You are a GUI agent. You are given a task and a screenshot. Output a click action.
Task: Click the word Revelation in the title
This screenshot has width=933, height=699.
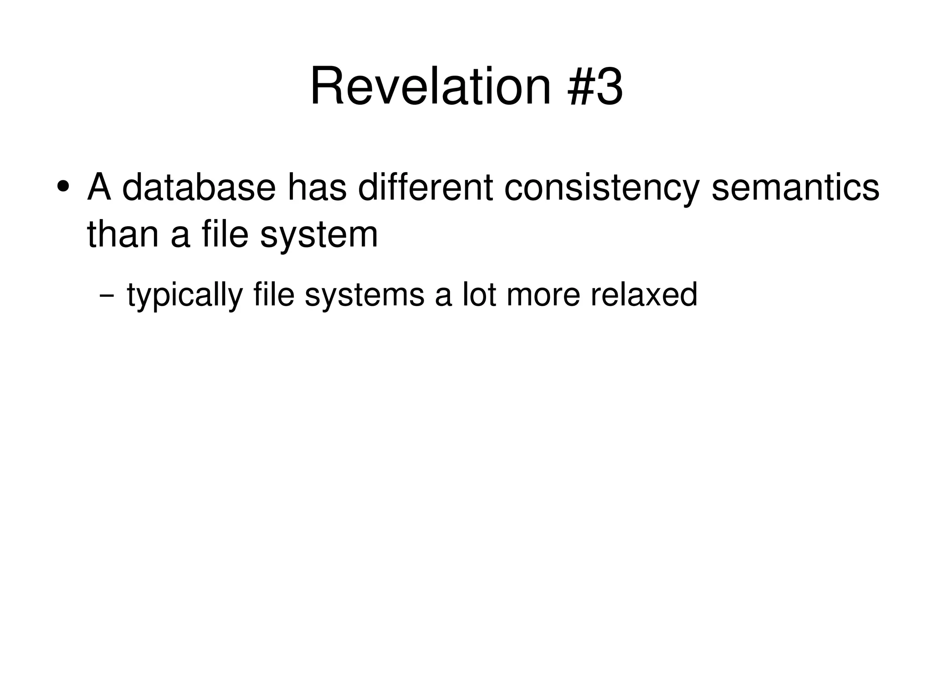[431, 87]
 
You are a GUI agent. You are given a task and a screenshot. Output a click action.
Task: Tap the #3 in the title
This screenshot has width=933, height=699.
[595, 87]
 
